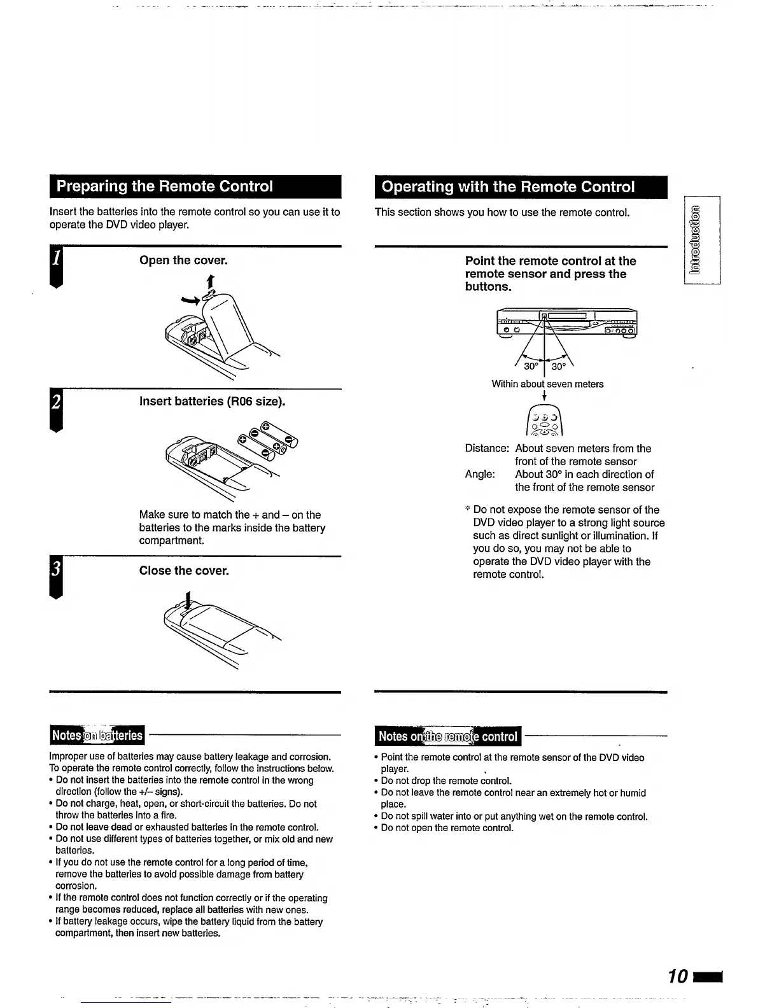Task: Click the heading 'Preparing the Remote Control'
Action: tap(165, 186)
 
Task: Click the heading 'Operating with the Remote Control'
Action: tap(507, 187)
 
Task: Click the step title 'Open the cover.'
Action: tap(183, 260)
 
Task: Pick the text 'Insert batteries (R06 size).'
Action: tap(212, 402)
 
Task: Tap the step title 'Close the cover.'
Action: tap(184, 571)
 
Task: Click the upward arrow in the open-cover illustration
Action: tap(209, 281)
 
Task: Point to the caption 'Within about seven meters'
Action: tap(547, 384)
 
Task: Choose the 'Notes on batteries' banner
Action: tap(97, 736)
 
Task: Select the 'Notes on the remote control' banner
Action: tap(447, 736)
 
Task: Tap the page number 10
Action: tap(679, 977)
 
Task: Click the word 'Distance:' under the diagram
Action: tap(487, 449)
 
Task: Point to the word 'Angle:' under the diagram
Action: tap(480, 475)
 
